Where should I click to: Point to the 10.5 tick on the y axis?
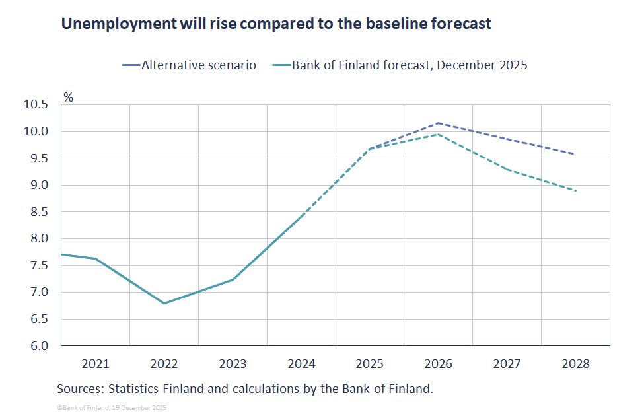click(36, 105)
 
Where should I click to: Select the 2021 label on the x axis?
click(95, 363)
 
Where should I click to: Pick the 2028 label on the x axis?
click(575, 363)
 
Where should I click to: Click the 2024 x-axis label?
click(301, 363)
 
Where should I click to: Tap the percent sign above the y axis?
click(68, 96)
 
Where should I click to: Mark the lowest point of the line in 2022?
click(164, 304)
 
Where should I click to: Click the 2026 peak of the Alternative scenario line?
click(439, 123)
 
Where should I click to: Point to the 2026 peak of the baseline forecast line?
click(439, 134)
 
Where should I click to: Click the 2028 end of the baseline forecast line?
click(576, 191)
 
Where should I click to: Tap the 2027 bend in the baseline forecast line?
click(507, 170)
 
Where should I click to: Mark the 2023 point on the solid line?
click(233, 279)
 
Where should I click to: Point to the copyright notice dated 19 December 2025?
click(112, 408)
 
